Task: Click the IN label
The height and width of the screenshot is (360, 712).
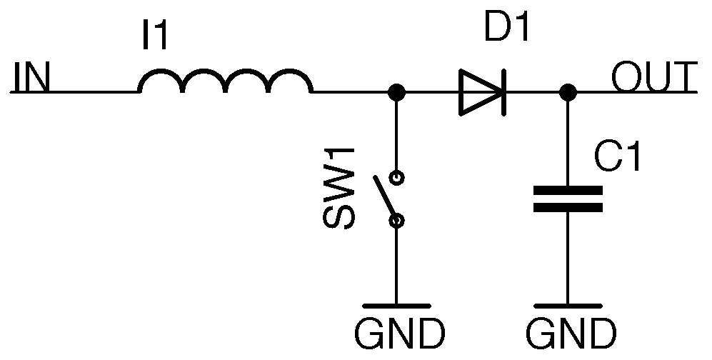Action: point(31,78)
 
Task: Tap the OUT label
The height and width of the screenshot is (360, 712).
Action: point(653,76)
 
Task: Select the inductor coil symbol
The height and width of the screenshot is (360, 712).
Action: point(225,83)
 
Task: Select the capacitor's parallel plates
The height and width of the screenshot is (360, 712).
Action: point(568,199)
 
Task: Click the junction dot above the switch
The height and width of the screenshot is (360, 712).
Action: point(397,92)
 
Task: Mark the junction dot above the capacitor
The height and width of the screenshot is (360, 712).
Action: point(568,92)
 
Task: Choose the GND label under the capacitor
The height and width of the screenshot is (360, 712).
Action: point(571,332)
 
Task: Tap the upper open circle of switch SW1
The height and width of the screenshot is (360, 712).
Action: point(397,176)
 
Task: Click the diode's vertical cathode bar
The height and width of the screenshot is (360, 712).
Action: point(503,92)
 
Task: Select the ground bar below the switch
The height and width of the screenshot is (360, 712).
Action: point(397,305)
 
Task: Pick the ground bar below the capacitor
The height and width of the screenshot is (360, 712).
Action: point(568,305)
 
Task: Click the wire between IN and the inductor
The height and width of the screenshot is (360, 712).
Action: point(93,92)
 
